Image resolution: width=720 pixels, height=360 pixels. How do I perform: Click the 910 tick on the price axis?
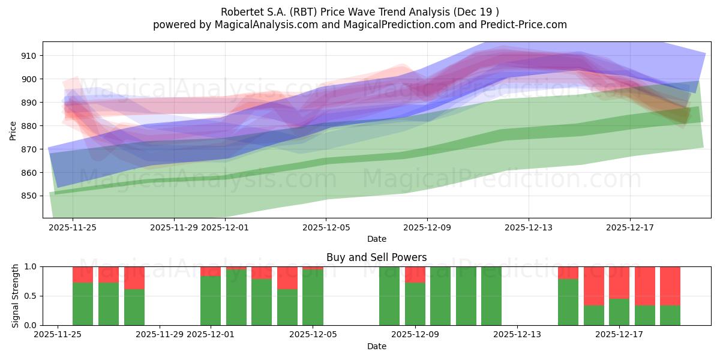pos(29,56)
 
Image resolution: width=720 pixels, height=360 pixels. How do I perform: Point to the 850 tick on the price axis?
pos(29,196)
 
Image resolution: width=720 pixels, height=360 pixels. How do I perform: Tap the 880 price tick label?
pos(29,126)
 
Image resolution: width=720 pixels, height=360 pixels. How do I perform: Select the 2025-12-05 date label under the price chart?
pos(326,227)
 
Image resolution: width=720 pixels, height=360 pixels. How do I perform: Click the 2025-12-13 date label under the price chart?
pos(529,227)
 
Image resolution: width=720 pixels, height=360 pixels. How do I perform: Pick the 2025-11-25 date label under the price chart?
pos(73,227)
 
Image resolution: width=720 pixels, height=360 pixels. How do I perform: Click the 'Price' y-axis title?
pos(13,130)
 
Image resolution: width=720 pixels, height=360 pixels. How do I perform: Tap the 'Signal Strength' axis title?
pos(16,296)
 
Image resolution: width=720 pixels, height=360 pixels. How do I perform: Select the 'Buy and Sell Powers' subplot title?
pos(376,257)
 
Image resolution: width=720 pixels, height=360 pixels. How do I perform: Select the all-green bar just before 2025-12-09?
pos(389,296)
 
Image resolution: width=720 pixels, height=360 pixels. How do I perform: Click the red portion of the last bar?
pos(670,286)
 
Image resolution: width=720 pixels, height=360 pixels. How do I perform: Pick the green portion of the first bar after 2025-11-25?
pos(83,304)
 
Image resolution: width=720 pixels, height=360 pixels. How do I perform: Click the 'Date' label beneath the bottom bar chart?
pos(376,346)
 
